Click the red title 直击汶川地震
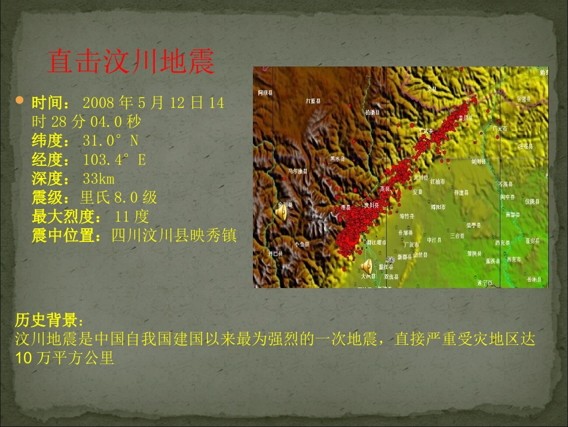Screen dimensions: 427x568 tap(130, 62)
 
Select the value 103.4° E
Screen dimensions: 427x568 tap(115, 160)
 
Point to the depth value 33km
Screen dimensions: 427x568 tap(99, 178)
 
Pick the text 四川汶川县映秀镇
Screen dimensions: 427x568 tap(174, 235)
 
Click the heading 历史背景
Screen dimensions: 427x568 tap(50, 318)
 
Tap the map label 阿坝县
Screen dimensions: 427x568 tap(265, 93)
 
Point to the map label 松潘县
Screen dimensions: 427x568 tap(372, 112)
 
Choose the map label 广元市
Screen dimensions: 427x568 tap(499, 129)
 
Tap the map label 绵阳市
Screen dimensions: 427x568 tap(438, 207)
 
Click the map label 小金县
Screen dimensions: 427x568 tap(302, 244)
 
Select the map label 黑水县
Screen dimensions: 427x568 tap(338, 159)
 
